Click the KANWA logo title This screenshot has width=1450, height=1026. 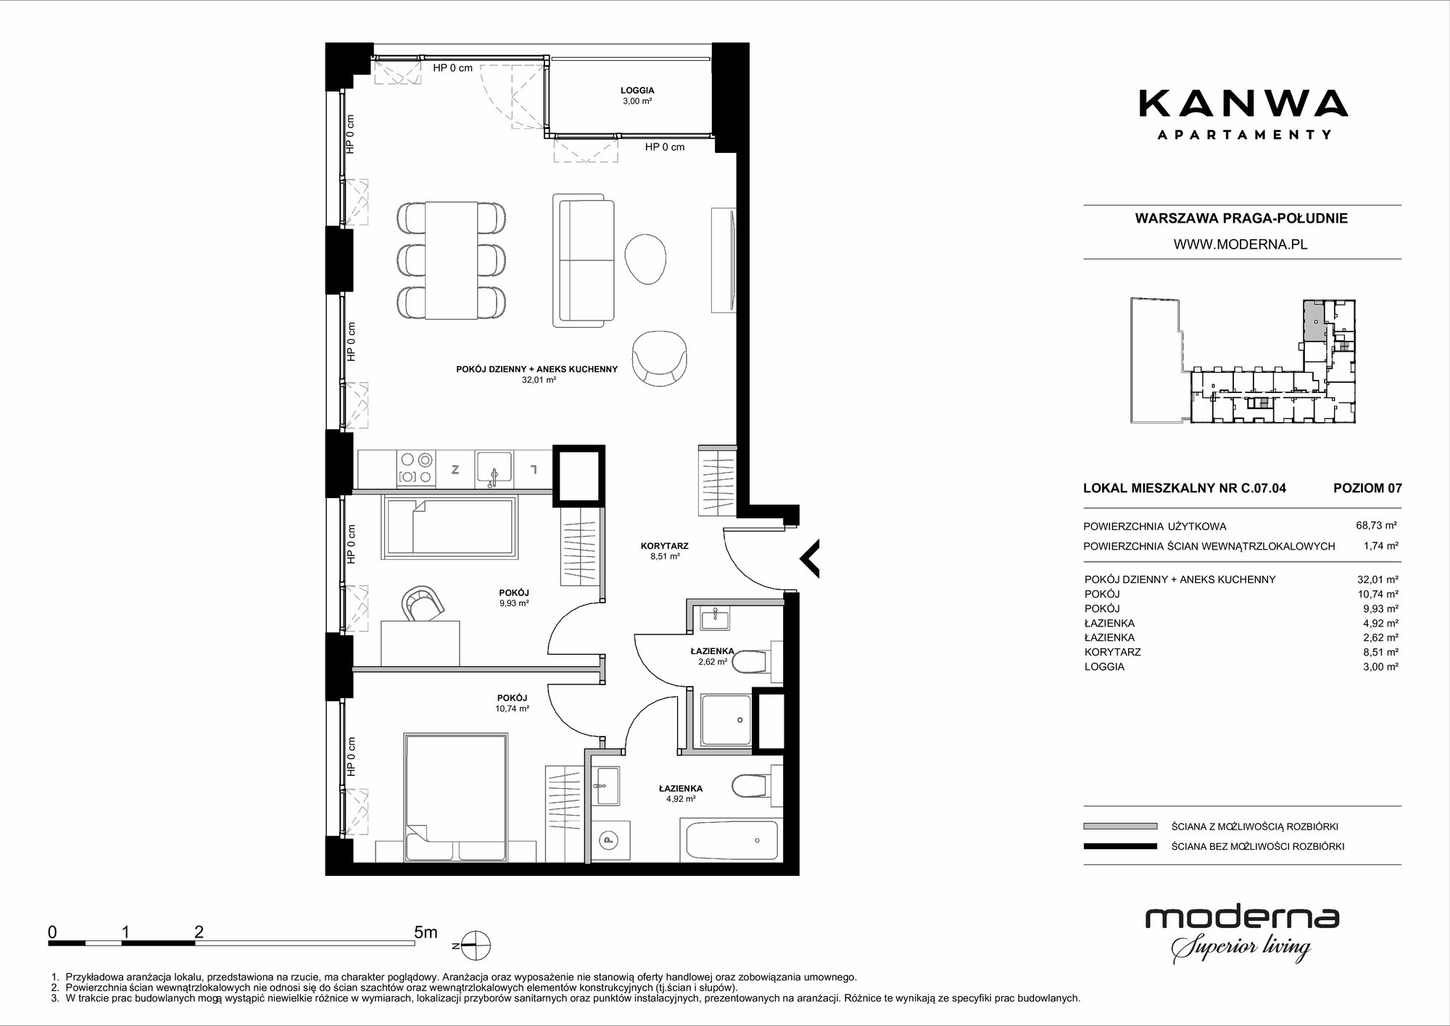1243,103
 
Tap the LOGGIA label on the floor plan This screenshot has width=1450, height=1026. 637,91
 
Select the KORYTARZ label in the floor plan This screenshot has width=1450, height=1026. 664,546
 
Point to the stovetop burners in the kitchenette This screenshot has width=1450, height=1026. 416,468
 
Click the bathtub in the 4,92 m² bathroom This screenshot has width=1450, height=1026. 729,840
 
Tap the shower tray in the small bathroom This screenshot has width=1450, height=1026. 726,719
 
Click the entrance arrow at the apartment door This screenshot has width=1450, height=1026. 809,558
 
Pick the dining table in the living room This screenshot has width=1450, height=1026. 452,260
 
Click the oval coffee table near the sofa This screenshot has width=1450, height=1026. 645,259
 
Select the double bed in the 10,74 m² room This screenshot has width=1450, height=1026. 455,798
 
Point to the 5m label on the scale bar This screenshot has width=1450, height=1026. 426,932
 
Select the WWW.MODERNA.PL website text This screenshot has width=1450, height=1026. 1240,244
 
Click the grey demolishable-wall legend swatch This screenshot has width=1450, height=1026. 1120,826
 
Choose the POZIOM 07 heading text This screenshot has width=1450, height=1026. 1367,488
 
